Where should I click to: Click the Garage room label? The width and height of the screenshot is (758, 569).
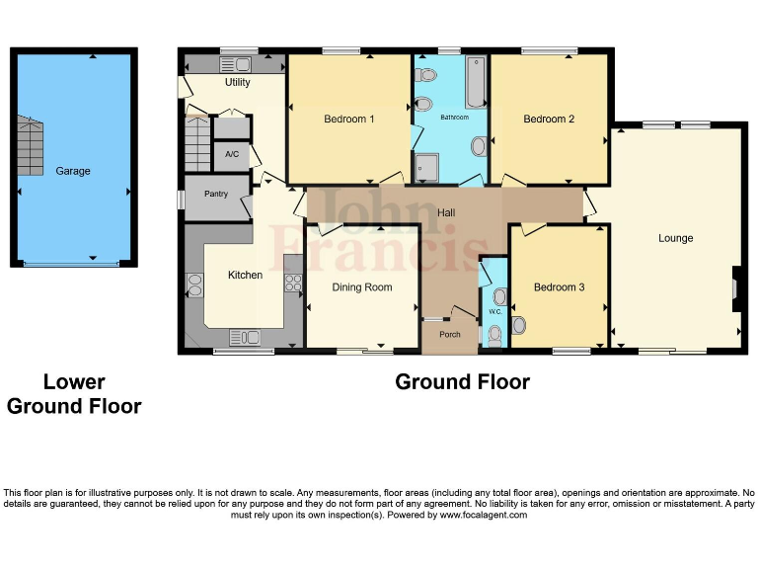72,171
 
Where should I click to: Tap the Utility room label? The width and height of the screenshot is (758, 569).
237,83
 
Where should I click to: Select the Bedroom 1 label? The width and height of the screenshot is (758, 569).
348,120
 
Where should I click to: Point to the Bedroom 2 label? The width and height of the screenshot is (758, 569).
549,120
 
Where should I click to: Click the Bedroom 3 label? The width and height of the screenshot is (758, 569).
559,287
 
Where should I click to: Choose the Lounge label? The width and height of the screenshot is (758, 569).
676,238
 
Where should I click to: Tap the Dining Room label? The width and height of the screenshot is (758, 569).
361,287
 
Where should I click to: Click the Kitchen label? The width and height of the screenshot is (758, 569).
245,275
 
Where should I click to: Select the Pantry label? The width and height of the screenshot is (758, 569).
215,194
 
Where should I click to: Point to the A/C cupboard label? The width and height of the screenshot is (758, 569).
231,155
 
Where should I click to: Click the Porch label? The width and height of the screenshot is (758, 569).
449,334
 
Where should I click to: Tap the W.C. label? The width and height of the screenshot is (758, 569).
494,312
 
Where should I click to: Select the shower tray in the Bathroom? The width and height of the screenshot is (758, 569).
428,167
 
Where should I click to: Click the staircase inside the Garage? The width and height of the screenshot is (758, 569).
30,144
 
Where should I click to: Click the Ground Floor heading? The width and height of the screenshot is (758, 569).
462,382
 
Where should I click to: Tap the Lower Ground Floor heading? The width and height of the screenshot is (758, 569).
74,394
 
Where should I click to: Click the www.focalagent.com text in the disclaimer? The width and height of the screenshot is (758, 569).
483,515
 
